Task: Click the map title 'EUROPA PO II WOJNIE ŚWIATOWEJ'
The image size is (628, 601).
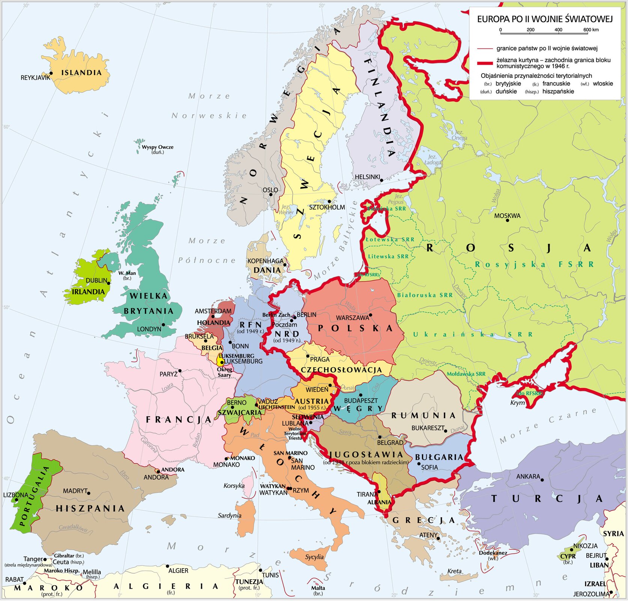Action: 545,19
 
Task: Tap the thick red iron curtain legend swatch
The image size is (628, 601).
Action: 485,63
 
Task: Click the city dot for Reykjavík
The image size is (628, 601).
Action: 51,74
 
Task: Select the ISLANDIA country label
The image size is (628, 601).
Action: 81,73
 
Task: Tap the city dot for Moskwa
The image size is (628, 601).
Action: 508,220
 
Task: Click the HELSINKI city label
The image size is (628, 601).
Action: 367,177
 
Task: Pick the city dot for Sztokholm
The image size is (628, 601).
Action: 329,202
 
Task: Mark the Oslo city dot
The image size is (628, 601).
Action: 271,195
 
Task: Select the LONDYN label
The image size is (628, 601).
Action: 149,329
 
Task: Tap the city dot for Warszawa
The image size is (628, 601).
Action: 370,315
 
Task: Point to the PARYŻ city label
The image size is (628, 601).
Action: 169,374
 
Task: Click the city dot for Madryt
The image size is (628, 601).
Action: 89,493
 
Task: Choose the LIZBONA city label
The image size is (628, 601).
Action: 15,495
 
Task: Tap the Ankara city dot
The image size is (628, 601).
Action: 542,480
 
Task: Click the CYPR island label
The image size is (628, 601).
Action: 568,556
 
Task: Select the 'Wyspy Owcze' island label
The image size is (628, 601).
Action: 158,147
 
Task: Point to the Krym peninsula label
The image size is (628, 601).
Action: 517,403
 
